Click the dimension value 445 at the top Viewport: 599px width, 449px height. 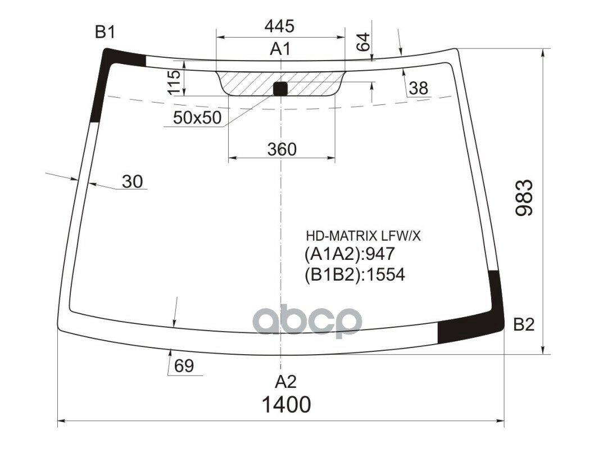(x=279, y=26)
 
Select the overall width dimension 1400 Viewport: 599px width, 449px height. (x=285, y=404)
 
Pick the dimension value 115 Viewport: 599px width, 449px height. (x=174, y=83)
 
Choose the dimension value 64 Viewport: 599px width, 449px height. (x=364, y=43)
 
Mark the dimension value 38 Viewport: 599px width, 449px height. (x=418, y=88)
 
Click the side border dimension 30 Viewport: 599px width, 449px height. (x=133, y=181)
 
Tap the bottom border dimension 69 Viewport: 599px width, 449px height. (x=184, y=366)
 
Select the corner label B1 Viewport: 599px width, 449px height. (x=105, y=33)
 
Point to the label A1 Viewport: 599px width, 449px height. (x=280, y=49)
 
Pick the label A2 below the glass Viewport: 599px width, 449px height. (x=285, y=382)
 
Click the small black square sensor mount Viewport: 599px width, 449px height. (x=280, y=88)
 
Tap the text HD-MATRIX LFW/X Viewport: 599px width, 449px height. (x=362, y=236)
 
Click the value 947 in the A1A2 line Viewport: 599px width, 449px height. (x=380, y=255)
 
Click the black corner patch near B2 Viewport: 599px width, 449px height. (x=478, y=326)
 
